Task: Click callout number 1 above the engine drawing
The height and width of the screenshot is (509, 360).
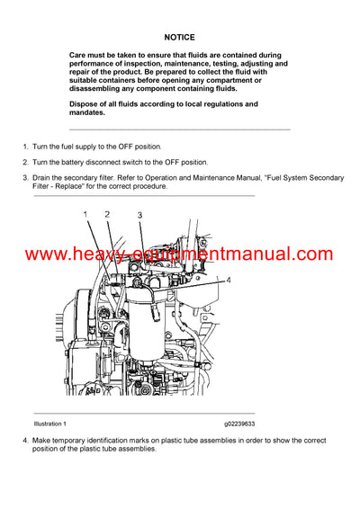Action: tap(85, 214)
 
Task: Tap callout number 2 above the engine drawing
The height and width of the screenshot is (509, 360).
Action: tap(107, 214)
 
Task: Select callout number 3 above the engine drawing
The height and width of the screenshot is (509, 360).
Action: tap(139, 215)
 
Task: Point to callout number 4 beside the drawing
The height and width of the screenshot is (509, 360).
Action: tap(228, 280)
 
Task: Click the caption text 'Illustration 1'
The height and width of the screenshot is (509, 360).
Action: tap(50, 424)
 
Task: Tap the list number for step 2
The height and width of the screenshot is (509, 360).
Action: tap(25, 162)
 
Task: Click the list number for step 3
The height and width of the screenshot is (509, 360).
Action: tap(25, 178)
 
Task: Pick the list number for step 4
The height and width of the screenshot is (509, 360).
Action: tap(25, 440)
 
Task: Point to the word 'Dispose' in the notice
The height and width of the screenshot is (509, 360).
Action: tap(87, 104)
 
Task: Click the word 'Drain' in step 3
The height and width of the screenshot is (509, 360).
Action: tap(43, 178)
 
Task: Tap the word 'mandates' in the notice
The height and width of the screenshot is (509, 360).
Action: tap(88, 113)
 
